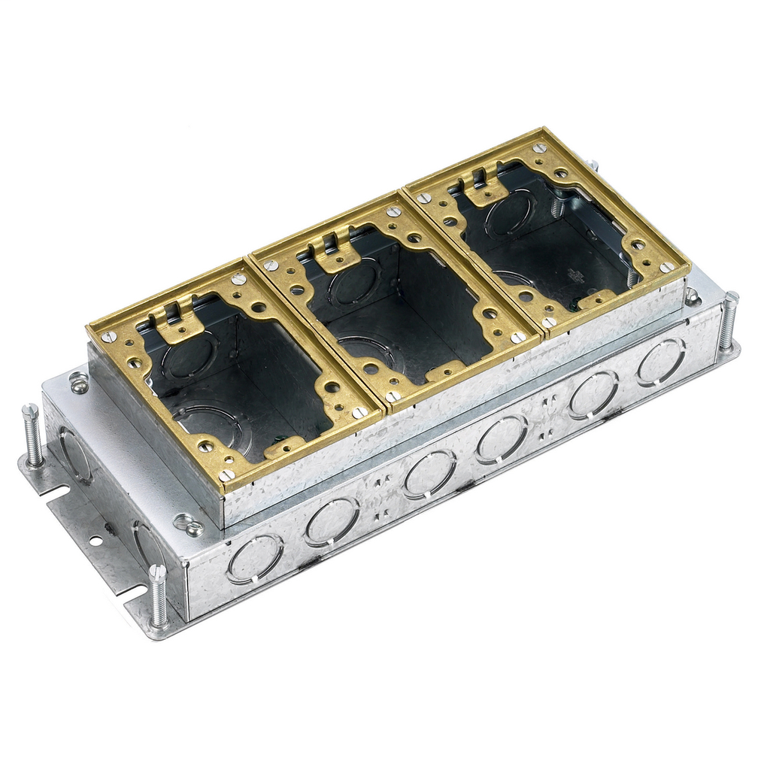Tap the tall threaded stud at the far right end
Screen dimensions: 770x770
click(727, 321)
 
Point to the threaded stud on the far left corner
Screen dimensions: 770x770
click(32, 434)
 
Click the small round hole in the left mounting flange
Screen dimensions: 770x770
click(95, 540)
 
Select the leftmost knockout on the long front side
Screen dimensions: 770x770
click(255, 558)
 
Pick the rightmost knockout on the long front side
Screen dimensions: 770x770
click(662, 363)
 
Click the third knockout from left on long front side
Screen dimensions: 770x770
click(429, 474)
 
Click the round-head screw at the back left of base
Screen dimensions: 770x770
click(78, 385)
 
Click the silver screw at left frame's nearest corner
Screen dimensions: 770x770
click(226, 475)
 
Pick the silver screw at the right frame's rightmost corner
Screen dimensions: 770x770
click(666, 267)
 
